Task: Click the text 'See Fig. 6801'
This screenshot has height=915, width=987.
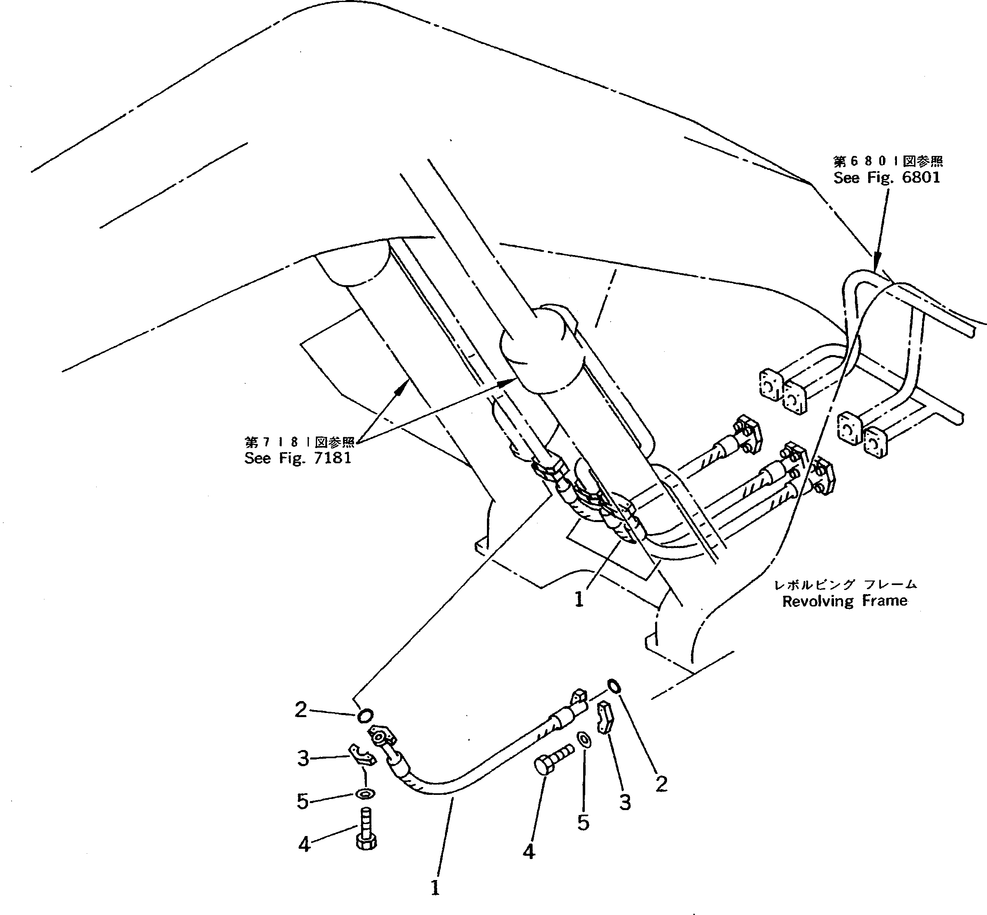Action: pyautogui.click(x=886, y=177)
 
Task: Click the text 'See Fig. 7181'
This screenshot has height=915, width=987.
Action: pyautogui.click(x=297, y=458)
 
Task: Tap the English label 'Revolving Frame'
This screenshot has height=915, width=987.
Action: pyautogui.click(x=844, y=601)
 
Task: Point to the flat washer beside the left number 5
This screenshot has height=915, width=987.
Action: pyautogui.click(x=365, y=794)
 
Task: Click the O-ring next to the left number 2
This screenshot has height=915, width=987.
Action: pyautogui.click(x=365, y=715)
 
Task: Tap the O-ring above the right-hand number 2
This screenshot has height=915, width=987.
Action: pyautogui.click(x=613, y=686)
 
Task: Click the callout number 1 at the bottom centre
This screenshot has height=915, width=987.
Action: pyautogui.click(x=435, y=888)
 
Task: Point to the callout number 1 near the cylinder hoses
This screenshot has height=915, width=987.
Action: pyautogui.click(x=579, y=599)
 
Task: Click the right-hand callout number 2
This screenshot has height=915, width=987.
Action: pyautogui.click(x=661, y=783)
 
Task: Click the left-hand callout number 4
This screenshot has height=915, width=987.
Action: pyautogui.click(x=304, y=844)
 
